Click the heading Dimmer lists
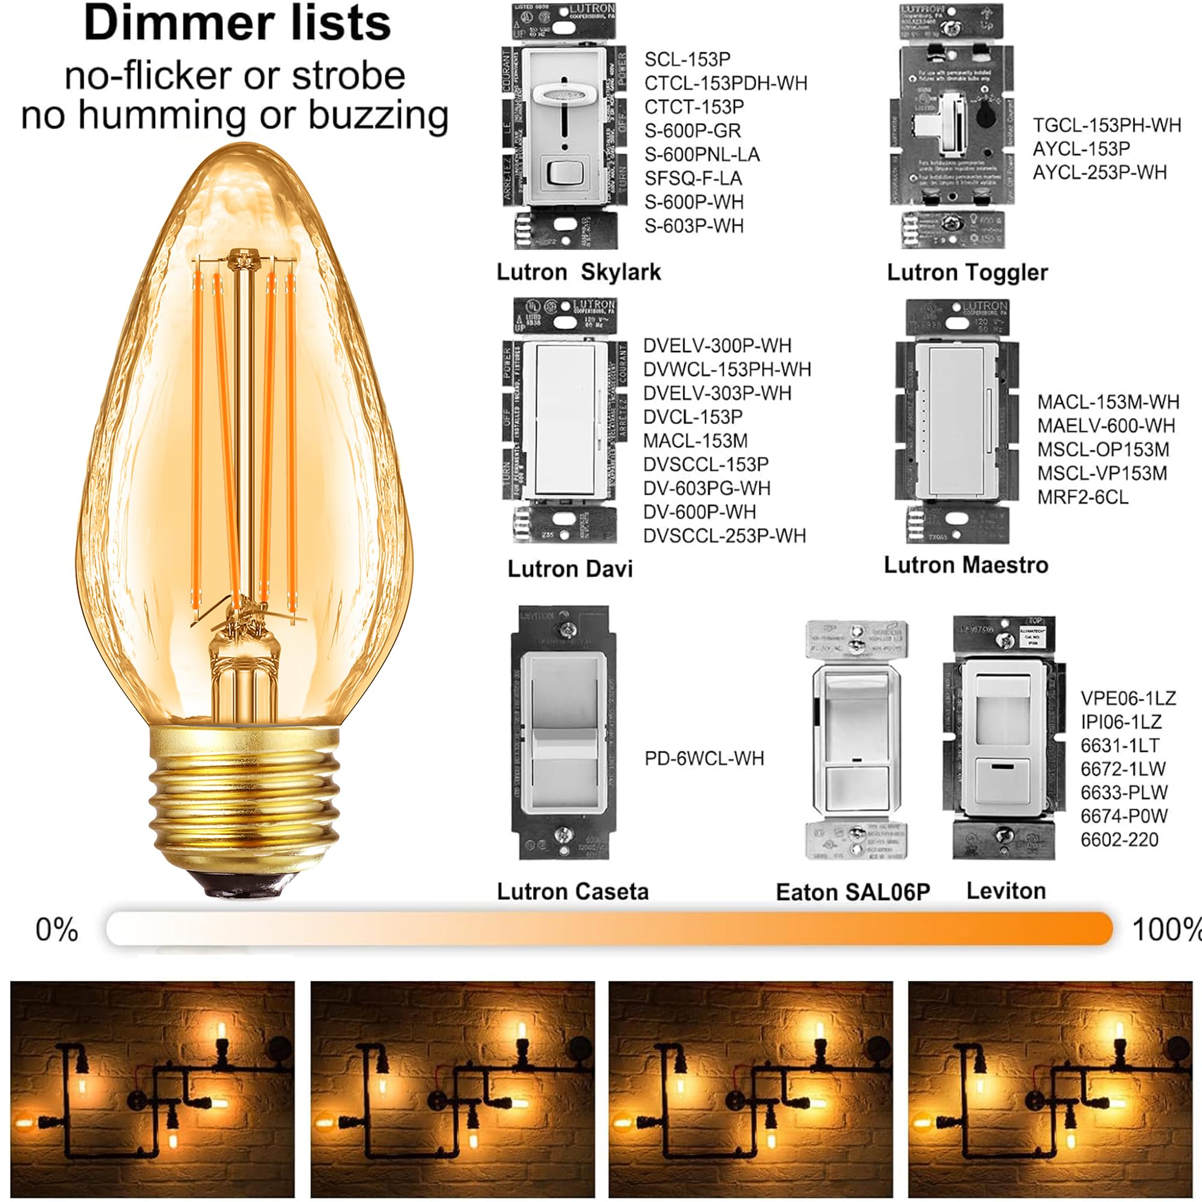click(x=237, y=23)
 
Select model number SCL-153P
click(x=687, y=59)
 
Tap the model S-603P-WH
click(x=694, y=226)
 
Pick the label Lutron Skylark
click(x=578, y=272)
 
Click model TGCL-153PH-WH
click(x=1106, y=126)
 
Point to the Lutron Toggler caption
click(x=967, y=272)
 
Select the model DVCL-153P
click(x=692, y=417)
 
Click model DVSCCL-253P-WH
click(x=724, y=535)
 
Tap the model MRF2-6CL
click(x=1082, y=498)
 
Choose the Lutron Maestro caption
click(x=966, y=565)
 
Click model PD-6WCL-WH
click(x=704, y=758)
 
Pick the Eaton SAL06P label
click(x=852, y=892)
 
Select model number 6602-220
click(x=1118, y=840)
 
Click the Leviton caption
click(x=1005, y=891)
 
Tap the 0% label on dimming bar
click(x=56, y=930)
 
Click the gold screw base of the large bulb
click(x=245, y=802)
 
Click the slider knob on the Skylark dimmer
click(x=563, y=93)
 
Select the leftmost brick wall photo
click(x=153, y=1089)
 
